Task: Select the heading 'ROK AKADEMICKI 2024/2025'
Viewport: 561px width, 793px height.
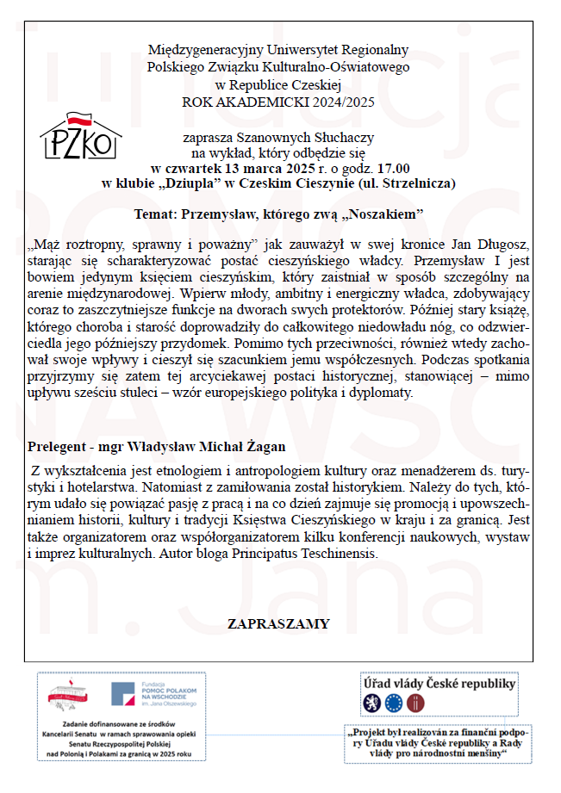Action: [x=278, y=101]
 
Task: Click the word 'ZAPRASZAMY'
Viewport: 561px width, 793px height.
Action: [x=278, y=624]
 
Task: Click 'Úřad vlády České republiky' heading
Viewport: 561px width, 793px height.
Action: [x=439, y=684]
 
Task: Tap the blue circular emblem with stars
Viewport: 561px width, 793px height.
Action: [x=395, y=703]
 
